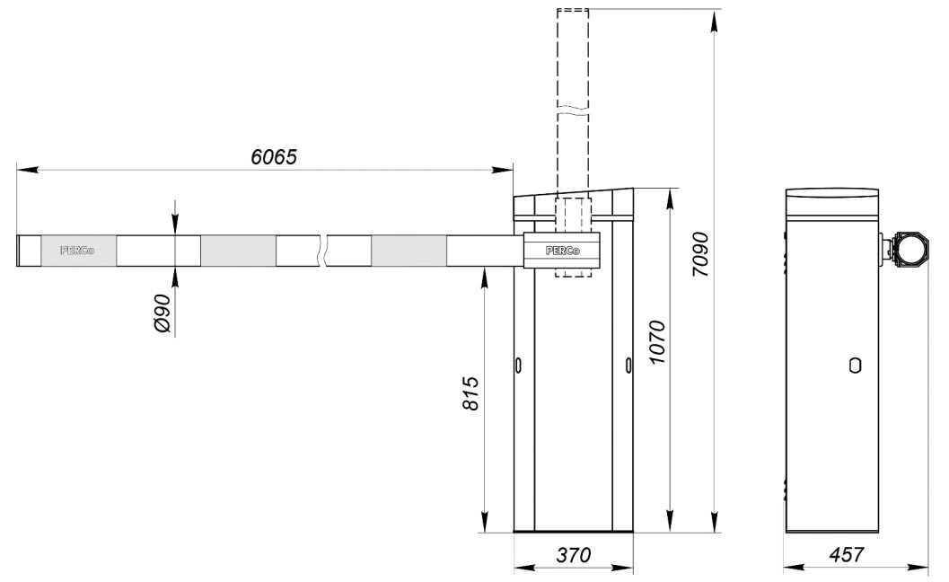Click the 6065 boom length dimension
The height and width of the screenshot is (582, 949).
274,157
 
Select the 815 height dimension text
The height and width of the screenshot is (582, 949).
470,393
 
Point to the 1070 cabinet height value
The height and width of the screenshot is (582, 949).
656,342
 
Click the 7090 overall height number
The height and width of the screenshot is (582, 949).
700,254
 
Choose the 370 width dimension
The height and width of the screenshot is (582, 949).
573,555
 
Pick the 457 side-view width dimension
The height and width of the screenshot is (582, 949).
846,555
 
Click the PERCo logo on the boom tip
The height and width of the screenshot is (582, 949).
77,250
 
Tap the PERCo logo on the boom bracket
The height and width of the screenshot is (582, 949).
562,250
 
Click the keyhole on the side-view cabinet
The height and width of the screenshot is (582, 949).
856,366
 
